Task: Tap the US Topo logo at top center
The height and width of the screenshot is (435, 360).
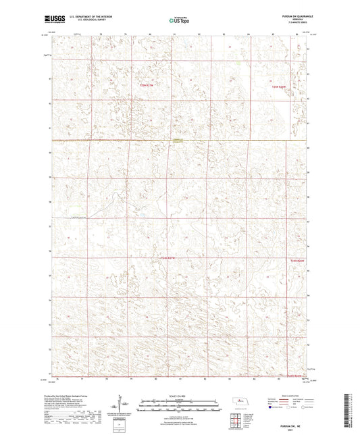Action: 179,21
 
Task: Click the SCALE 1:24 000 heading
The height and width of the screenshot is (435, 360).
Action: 180,395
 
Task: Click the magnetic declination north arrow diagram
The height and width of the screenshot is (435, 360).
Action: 126,406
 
